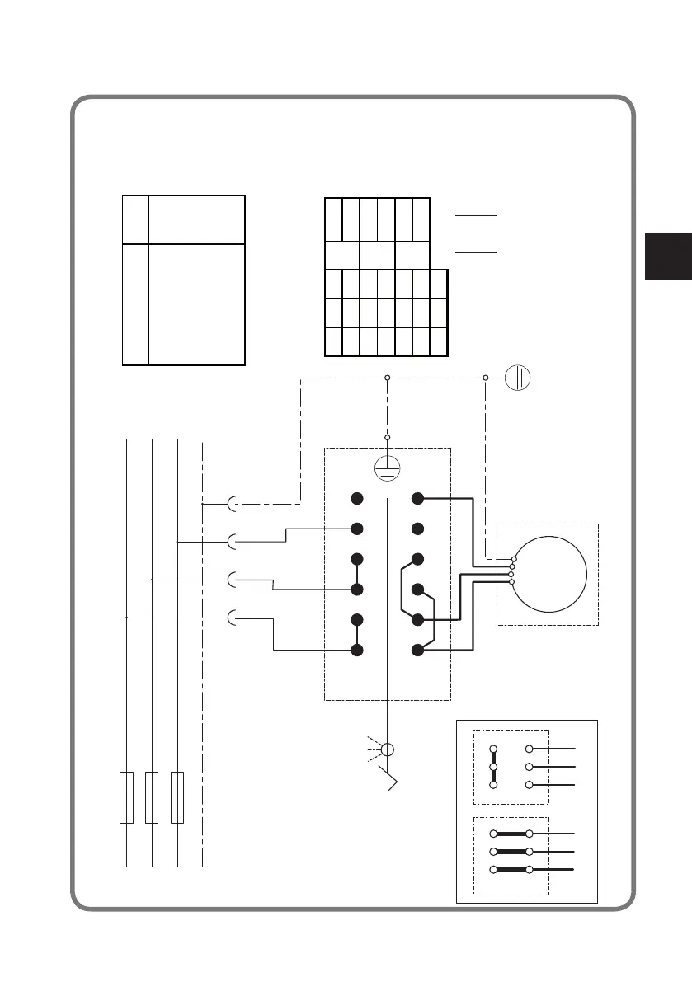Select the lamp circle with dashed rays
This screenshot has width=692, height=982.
pyautogui.click(x=388, y=750)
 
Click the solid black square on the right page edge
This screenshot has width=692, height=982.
pyautogui.click(x=668, y=257)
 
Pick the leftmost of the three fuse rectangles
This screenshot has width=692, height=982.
pyautogui.click(x=126, y=797)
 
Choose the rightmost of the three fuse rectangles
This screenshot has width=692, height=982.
pyautogui.click(x=177, y=797)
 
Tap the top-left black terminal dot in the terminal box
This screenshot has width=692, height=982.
pyautogui.click(x=357, y=499)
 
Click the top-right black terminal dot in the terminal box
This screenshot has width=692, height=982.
pyautogui.click(x=418, y=499)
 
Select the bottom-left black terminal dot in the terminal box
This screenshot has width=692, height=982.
pyautogui.click(x=357, y=651)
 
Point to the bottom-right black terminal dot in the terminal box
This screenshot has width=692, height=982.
pyautogui.click(x=418, y=651)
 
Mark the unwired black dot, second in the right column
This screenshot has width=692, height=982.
pyautogui.click(x=418, y=529)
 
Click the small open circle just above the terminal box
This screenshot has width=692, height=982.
pyautogui.click(x=387, y=438)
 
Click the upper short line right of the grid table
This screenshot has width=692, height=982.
pyautogui.click(x=476, y=214)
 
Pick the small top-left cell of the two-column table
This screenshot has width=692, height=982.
pyautogui.click(x=134, y=219)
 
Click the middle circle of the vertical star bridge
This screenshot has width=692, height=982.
pyautogui.click(x=494, y=767)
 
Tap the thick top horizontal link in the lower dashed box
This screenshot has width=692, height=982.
pyautogui.click(x=511, y=834)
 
